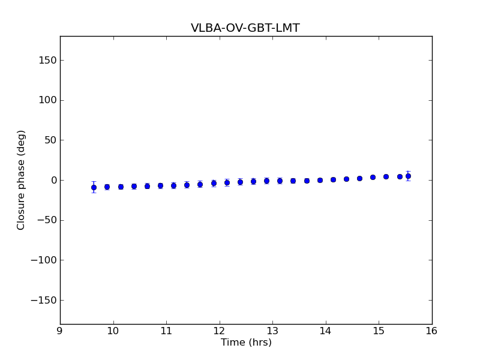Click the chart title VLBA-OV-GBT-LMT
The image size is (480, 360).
[x=245, y=28]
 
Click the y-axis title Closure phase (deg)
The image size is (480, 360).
[x=22, y=180]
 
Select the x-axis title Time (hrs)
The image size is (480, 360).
[x=246, y=343]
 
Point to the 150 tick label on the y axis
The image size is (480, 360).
[x=47, y=60]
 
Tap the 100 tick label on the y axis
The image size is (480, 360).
[x=47, y=100]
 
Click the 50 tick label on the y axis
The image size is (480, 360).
[x=50, y=140]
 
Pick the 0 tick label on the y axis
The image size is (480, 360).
[x=53, y=180]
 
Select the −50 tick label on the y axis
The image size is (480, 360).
[x=46, y=220]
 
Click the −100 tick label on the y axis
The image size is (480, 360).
[x=44, y=260]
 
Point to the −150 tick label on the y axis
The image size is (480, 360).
[x=44, y=300]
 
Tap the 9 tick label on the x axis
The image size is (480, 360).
[x=60, y=331]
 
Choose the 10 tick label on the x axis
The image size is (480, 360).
[x=113, y=331]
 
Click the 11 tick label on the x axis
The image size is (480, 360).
[x=166, y=331]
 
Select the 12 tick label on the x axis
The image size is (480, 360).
[x=219, y=331]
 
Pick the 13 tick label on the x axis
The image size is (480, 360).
[x=272, y=331]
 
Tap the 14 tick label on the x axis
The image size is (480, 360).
[x=326, y=331]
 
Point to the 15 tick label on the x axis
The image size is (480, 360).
[x=379, y=331]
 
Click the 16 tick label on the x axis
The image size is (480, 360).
[x=432, y=331]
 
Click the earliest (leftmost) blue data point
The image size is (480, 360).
[x=94, y=187]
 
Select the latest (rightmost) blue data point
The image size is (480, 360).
[x=408, y=176]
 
